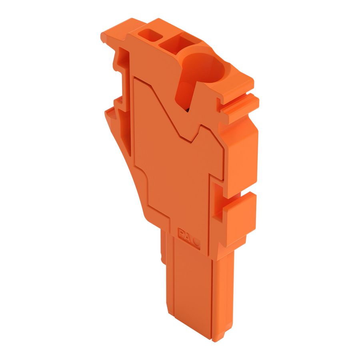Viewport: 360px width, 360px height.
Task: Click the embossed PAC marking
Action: point(188,236)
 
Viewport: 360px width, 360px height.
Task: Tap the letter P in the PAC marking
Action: point(181,233)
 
